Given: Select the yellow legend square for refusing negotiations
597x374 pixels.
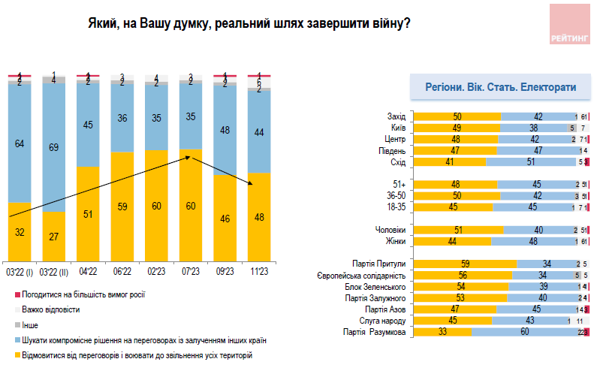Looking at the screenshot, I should (x=17, y=354).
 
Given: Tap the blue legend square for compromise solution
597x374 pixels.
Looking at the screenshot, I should (x=17, y=339).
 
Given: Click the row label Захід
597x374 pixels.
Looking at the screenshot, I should (x=396, y=116).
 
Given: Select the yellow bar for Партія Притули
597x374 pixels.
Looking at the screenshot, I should (x=466, y=264).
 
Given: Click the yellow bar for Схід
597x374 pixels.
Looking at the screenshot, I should (x=451, y=161).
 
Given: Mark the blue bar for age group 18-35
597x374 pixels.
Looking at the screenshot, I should (x=532, y=207).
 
